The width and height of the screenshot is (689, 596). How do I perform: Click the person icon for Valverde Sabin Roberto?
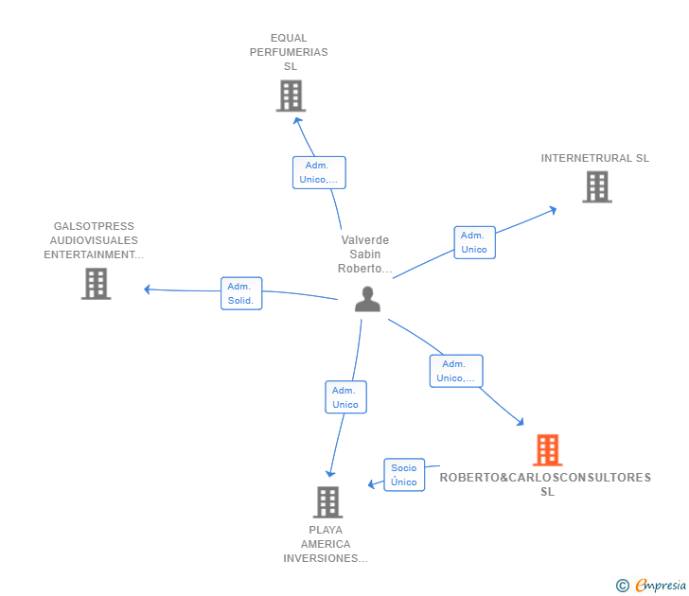(367, 300)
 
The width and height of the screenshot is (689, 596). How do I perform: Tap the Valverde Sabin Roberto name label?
(364, 254)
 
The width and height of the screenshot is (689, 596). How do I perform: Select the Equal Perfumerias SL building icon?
(291, 96)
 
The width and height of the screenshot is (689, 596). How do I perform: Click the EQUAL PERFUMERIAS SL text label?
(289, 52)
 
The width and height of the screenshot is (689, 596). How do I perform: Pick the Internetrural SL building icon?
(596, 187)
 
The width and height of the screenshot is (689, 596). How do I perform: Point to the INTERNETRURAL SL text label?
(594, 158)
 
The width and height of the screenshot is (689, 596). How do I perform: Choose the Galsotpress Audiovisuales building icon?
(96, 284)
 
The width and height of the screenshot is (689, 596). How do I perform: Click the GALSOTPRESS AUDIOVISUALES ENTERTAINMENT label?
(94, 240)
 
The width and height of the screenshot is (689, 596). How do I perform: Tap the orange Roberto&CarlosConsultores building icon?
(547, 450)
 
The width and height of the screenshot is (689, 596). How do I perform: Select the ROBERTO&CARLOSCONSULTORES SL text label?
(546, 484)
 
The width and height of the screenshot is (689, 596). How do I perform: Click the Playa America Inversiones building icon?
(327, 502)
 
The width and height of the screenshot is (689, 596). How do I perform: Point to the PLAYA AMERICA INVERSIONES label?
(326, 544)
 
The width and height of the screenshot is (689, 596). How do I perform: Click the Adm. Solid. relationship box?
(241, 293)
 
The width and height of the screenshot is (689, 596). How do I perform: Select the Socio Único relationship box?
(403, 475)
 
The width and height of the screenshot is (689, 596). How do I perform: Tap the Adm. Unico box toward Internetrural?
(474, 242)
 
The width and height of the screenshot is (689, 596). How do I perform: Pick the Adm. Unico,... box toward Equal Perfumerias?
(319, 172)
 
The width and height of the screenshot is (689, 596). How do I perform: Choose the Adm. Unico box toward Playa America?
(345, 397)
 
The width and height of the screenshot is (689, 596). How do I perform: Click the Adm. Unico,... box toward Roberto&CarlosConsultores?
(456, 371)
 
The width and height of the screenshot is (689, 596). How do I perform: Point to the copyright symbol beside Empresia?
(622, 586)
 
